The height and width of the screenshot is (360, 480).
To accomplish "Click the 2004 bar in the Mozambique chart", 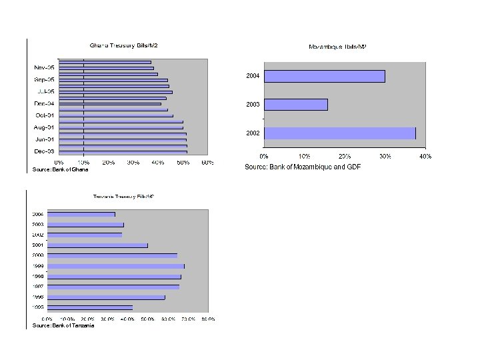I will pyautogui.click(x=324, y=76).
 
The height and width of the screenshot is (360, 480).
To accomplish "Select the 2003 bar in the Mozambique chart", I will pyautogui.click(x=296, y=105).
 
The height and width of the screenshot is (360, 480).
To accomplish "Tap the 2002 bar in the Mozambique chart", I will pyautogui.click(x=339, y=133).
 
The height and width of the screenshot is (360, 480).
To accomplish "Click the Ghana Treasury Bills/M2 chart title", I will pyautogui.click(x=124, y=45).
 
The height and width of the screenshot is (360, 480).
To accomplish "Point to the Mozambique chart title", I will pyautogui.click(x=337, y=47).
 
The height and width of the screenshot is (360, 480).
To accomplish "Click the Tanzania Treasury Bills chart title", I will pyautogui.click(x=123, y=196).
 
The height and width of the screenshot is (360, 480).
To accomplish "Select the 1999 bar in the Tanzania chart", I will pyautogui.click(x=116, y=266).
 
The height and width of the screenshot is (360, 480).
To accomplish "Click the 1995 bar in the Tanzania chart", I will pyautogui.click(x=90, y=307).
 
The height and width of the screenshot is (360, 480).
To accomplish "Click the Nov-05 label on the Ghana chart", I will pyautogui.click(x=45, y=67).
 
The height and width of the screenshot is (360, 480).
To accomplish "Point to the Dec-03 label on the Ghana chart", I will pyautogui.click(x=45, y=151).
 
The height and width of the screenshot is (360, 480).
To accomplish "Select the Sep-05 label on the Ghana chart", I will pyautogui.click(x=45, y=79).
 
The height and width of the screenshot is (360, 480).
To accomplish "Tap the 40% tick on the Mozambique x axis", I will pyautogui.click(x=425, y=156).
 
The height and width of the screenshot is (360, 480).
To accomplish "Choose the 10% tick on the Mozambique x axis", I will pyautogui.click(x=304, y=156).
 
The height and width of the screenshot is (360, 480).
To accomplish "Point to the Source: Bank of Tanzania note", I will pyautogui.click(x=63, y=325).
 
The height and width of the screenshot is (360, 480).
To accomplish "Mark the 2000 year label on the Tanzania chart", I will pyautogui.click(x=38, y=255).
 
